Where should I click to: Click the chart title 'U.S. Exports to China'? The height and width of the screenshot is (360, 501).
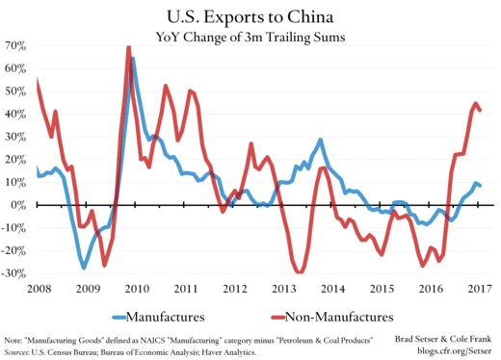pos(251,15)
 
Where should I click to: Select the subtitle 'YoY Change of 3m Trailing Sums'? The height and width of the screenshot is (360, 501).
pos(251,37)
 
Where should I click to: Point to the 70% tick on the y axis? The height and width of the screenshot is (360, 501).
pos(14,45)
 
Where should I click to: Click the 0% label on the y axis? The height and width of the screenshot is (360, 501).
pos(18,205)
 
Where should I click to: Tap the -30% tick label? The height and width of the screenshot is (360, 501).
pos(13,273)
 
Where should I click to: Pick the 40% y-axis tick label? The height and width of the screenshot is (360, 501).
pos(14,114)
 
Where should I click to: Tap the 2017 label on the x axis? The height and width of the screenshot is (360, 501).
pos(479,288)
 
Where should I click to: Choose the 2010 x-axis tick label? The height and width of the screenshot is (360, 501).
pos(135,288)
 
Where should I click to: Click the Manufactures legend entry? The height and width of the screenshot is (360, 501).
pos(172,316)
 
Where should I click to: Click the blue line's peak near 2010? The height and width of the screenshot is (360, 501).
pos(132,59)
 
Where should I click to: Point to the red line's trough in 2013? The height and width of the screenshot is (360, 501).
pos(301,272)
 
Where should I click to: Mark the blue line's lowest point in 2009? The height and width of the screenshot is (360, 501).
pos(84,268)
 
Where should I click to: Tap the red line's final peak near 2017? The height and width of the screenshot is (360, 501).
pos(475,103)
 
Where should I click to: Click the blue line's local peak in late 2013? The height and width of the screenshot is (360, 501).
pos(320,140)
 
